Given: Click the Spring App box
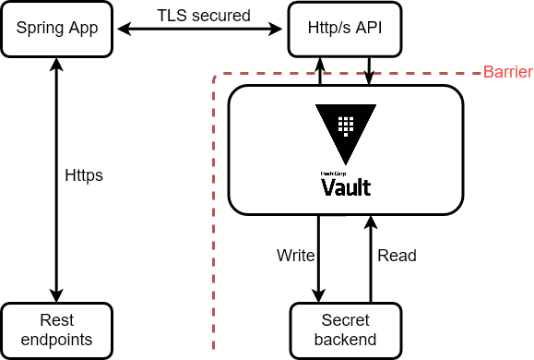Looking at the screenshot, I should [57, 29].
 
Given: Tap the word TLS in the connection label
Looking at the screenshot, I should [172, 16].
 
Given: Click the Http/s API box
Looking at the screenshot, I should [345, 29].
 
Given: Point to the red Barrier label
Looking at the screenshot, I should [507, 72].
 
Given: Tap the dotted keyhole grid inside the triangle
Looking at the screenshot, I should [346, 124].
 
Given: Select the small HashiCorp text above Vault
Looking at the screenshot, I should [332, 173].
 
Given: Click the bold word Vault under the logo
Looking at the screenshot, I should [346, 187].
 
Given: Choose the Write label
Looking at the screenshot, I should [296, 256].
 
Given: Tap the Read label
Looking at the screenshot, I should [397, 256].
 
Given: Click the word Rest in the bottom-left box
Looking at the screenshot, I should [57, 321].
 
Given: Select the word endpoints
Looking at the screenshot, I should [57, 340].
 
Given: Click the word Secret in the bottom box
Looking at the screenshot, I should [345, 321].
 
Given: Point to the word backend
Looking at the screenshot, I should [345, 340].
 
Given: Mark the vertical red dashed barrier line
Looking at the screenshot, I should [214, 231].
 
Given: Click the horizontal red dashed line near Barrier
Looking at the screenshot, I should [350, 72].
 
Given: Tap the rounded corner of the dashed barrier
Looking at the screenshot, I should [217, 75].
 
